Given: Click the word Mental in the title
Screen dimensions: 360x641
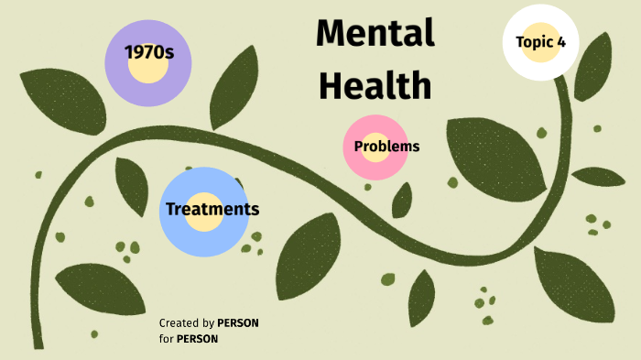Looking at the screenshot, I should tap(375, 34).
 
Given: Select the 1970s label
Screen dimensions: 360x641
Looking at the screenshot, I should tap(149, 52).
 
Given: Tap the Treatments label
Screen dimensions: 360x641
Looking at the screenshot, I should tap(212, 209).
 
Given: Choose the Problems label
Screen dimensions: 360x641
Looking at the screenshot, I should tap(386, 147).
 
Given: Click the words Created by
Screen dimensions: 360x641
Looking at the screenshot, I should tap(186, 323).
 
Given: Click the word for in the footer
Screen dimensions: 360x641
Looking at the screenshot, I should tap(166, 339).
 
